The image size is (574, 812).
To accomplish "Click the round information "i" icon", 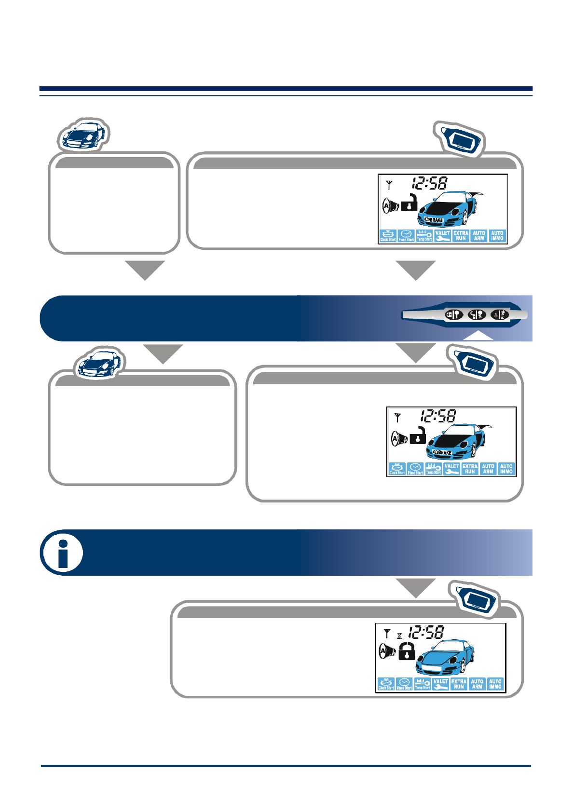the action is coord(62,553).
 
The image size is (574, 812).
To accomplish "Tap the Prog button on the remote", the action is coord(500,315).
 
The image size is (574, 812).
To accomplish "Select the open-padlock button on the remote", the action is coord(476,315).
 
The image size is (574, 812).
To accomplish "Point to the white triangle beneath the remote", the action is coord(478,336).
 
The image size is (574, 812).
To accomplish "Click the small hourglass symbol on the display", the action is coord(399,636).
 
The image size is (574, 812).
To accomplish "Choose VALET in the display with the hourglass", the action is coord(440,684).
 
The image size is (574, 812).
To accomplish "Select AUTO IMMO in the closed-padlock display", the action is coord(495,684).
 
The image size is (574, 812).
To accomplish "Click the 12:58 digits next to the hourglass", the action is coord(426,632).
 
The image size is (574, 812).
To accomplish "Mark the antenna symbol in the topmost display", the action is coord(389,184).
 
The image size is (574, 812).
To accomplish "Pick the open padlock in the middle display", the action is coord(418,436).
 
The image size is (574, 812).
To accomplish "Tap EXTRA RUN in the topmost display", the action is coord(461,235).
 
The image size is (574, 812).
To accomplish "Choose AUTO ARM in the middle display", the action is coord(488,469).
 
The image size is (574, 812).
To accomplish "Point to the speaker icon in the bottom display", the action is coord(386,651).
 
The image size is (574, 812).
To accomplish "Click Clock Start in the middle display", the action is coord(396,469).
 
